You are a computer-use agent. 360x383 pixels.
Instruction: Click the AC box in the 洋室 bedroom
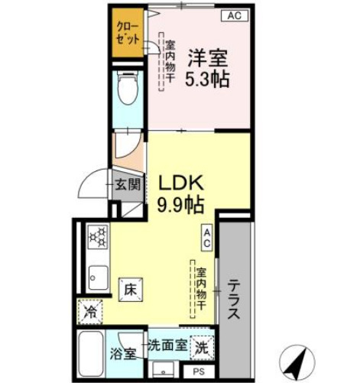pos(235,15)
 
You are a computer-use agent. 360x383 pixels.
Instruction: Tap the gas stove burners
pos(97,237)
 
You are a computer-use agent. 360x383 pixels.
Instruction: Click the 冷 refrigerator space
pos(91,312)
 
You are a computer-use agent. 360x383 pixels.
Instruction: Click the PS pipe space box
pos(199,372)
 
